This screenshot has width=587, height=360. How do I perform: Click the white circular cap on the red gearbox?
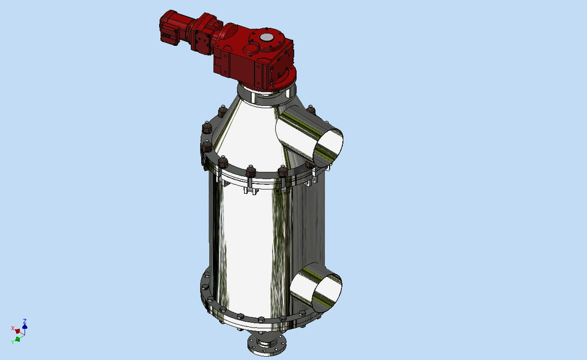point(267,39)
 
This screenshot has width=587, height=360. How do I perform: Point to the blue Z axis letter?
point(24,320)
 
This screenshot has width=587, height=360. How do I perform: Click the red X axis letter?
point(12,328)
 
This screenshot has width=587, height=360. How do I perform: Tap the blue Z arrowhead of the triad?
point(24,326)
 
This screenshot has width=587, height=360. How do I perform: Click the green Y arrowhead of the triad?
point(18,339)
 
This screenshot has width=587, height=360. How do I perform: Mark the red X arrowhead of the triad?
point(18,331)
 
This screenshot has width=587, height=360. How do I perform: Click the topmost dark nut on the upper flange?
point(220,113)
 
